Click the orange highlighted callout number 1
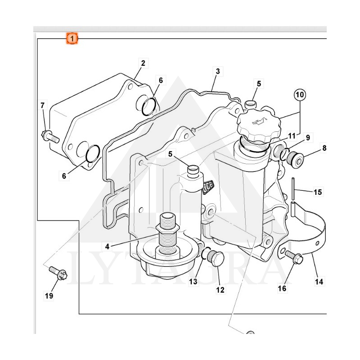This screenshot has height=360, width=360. (x=72, y=39)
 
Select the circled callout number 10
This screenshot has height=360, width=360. (x=300, y=94)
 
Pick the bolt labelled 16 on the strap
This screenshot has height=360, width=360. (x=294, y=257)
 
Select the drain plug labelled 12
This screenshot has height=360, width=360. (x=216, y=258)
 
